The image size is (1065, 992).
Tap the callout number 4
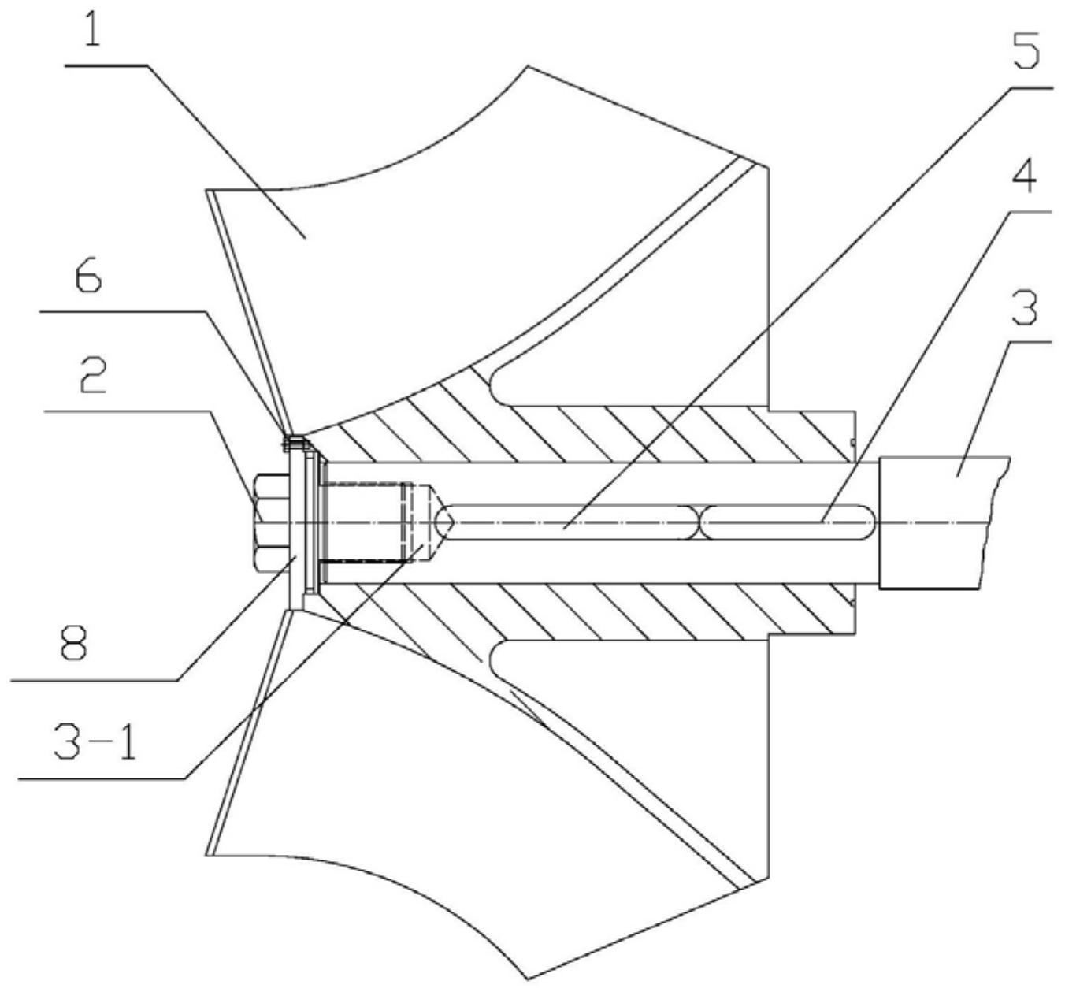point(1024,180)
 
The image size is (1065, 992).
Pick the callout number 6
point(87,281)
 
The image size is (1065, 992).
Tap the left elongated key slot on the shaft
point(567,522)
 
